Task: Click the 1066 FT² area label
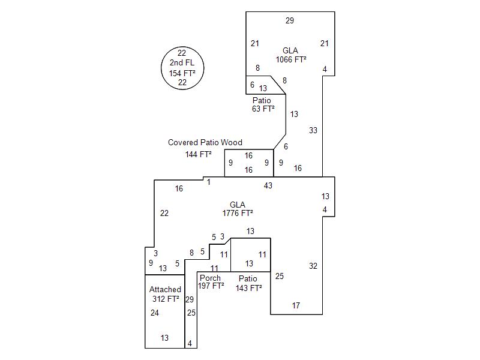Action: pyautogui.click(x=291, y=59)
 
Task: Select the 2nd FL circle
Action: pyautogui.click(x=182, y=67)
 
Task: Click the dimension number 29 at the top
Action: pyautogui.click(x=290, y=21)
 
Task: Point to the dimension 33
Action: pyautogui.click(x=313, y=130)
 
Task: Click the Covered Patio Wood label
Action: pyautogui.click(x=205, y=143)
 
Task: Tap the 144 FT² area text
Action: pyautogui.click(x=199, y=154)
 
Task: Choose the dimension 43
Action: pyautogui.click(x=268, y=186)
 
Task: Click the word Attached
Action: pyautogui.click(x=165, y=289)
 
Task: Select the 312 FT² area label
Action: pyautogui.click(x=166, y=299)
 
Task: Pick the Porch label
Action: pyautogui.click(x=210, y=278)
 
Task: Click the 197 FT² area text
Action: pyautogui.click(x=211, y=286)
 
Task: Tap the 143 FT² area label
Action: pyautogui.click(x=248, y=288)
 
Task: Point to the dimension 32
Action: pyautogui.click(x=313, y=266)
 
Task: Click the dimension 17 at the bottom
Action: pyautogui.click(x=296, y=306)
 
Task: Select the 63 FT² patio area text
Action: pyautogui.click(x=263, y=109)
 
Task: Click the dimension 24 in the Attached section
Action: pyautogui.click(x=155, y=313)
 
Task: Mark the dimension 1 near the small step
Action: pyautogui.click(x=209, y=182)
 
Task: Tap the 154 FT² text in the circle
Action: pyautogui.click(x=182, y=73)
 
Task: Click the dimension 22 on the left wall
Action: pyautogui.click(x=164, y=213)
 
